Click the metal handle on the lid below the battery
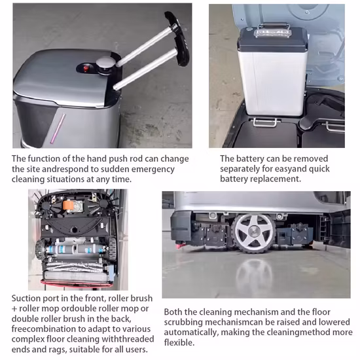point(264,122)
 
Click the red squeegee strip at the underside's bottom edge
point(77,283)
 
